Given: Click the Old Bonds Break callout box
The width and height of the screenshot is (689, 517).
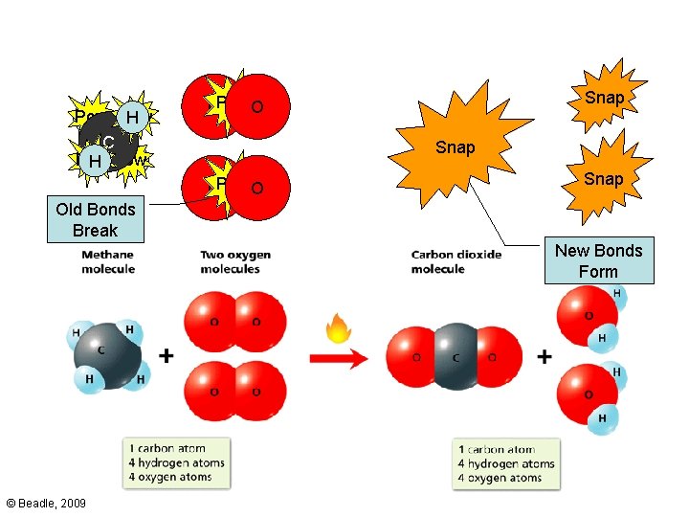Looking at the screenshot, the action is click(x=96, y=219).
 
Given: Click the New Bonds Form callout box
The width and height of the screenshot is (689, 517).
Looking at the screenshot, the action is click(x=599, y=260).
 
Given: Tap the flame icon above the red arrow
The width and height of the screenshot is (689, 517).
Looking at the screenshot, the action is click(x=338, y=330).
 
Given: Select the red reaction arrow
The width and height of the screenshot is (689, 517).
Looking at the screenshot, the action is click(x=339, y=359).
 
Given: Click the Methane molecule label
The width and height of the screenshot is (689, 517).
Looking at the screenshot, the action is click(x=107, y=262).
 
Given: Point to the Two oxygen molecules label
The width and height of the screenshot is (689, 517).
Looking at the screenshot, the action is click(x=235, y=262).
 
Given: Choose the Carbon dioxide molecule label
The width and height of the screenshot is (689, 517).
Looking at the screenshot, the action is click(x=452, y=262).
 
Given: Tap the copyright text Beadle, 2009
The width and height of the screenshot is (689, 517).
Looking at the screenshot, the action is click(x=45, y=502).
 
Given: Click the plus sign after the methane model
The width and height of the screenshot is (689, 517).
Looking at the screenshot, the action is click(x=167, y=356).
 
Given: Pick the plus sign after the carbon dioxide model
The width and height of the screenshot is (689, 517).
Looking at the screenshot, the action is click(x=545, y=356).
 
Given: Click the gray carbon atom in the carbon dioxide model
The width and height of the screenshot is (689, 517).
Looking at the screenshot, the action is click(x=456, y=357).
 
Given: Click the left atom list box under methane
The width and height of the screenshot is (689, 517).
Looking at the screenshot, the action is click(x=178, y=463).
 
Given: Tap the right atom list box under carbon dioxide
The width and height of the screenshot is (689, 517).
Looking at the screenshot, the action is click(x=506, y=463).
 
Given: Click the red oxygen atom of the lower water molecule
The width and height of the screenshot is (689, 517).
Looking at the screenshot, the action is click(x=585, y=393).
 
